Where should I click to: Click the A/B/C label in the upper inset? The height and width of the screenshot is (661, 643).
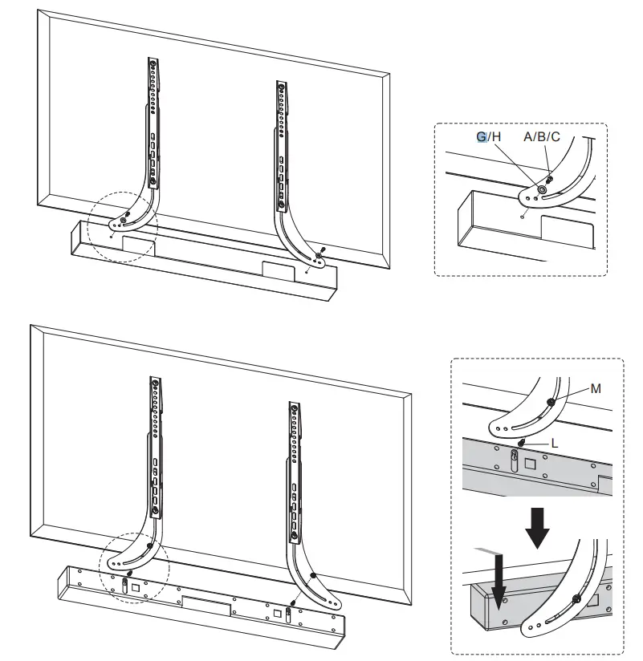542,136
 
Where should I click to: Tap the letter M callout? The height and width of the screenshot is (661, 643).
595,388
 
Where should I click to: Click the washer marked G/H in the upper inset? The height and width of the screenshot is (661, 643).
540,190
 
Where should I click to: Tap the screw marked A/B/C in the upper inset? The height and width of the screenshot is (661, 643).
550,178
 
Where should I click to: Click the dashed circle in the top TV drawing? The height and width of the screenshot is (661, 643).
124,227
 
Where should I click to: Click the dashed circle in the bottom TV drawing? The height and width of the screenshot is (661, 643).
133,562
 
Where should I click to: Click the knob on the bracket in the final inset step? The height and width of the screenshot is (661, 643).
576,598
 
